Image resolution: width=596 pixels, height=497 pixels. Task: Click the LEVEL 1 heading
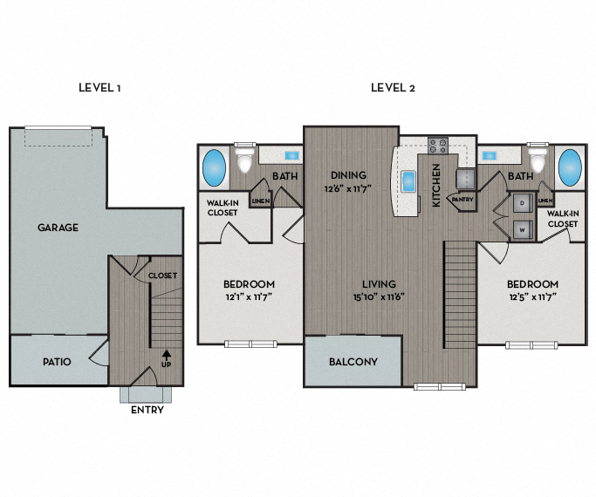pos(99,87)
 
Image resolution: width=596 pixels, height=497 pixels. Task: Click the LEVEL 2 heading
pos(393,87)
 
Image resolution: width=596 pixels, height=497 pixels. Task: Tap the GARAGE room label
pos(58,228)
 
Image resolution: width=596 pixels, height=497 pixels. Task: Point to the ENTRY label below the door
pos(146,410)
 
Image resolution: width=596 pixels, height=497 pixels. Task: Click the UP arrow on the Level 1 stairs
pos(166,355)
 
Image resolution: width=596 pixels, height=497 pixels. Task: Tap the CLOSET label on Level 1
pos(162,276)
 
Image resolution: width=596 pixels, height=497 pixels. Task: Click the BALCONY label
pos(353,362)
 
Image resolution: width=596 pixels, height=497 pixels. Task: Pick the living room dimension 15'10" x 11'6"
pos(380,296)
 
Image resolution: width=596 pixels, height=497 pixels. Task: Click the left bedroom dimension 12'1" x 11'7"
pos(249,296)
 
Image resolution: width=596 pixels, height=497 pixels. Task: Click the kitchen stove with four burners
pos(437,146)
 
